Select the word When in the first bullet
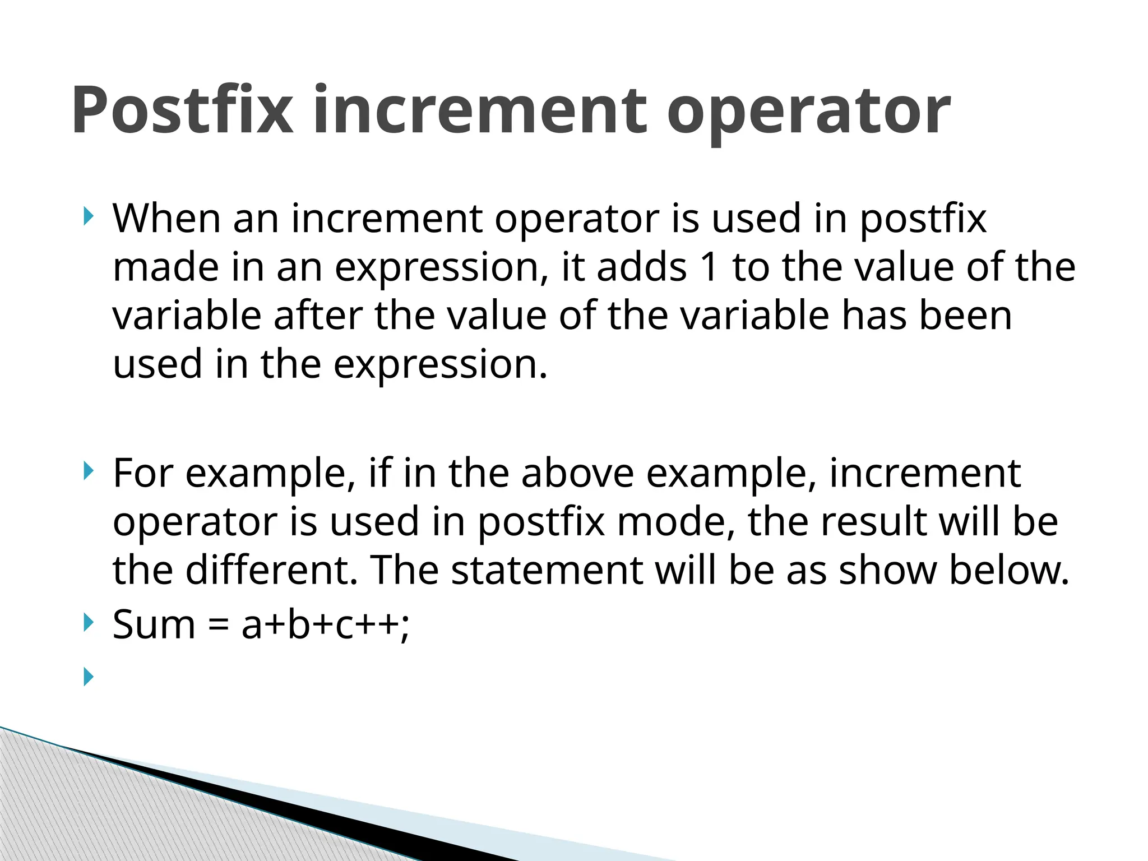pyautogui.click(x=166, y=218)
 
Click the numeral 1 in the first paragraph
pyautogui.click(x=709, y=267)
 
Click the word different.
pyautogui.click(x=271, y=570)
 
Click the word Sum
pyautogui.click(x=154, y=624)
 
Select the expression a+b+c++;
pyautogui.click(x=326, y=624)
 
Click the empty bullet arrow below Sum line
pyautogui.click(x=89, y=677)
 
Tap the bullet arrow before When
pyautogui.click(x=89, y=216)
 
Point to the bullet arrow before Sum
pyautogui.click(x=89, y=622)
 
